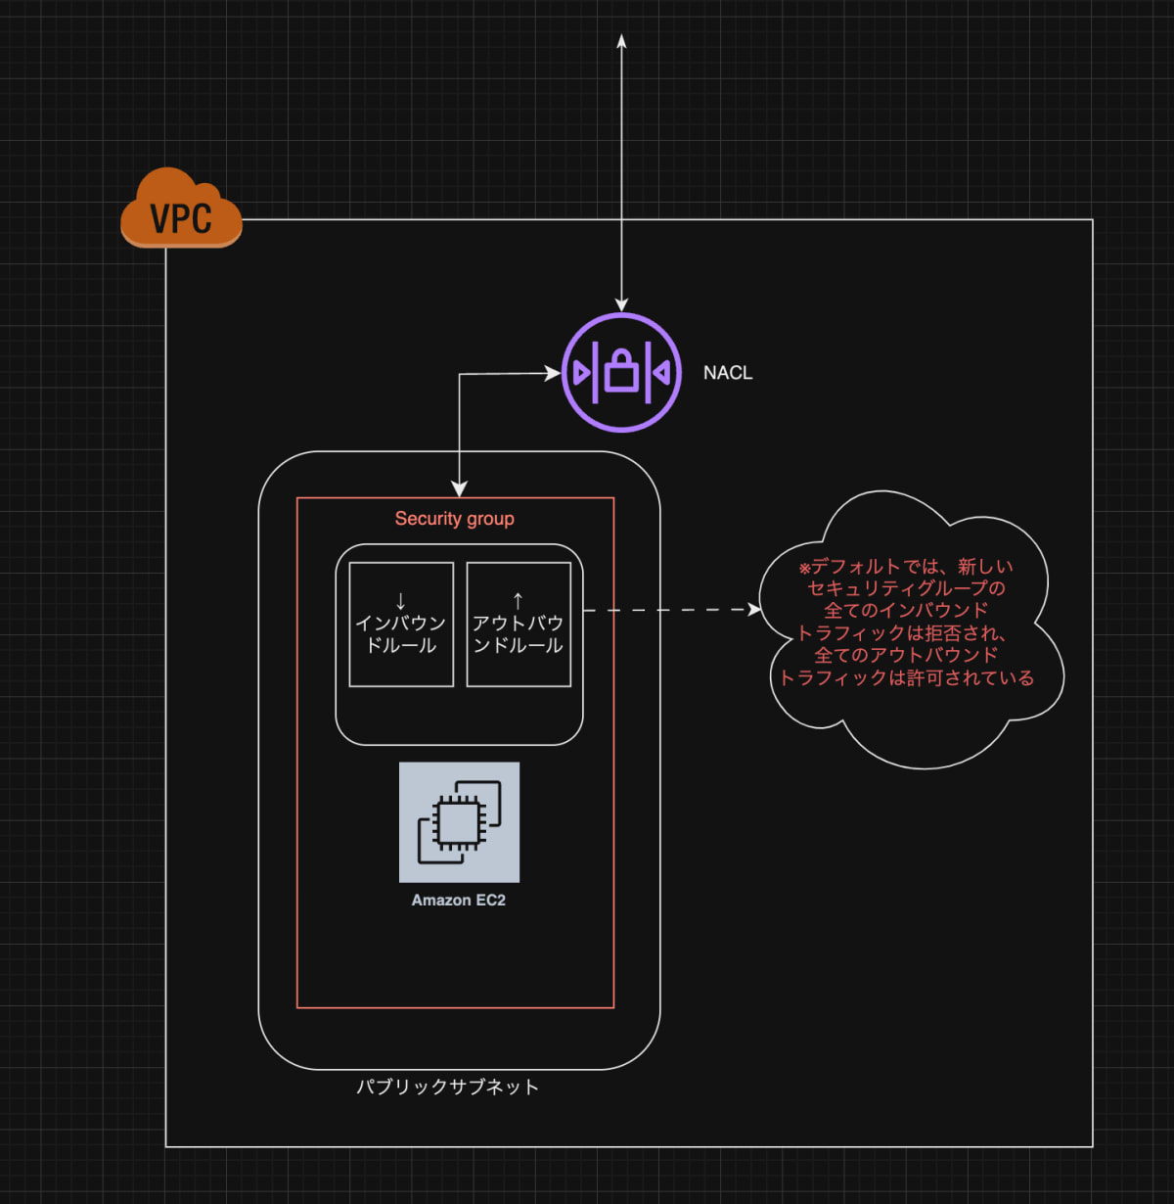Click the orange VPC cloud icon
[x=181, y=208]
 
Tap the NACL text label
[x=728, y=373]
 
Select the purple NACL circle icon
[x=621, y=373]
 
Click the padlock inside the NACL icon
[x=621, y=371]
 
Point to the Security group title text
[x=454, y=519]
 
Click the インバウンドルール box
[x=401, y=625]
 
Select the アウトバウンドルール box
[x=519, y=625]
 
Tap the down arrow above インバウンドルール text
[x=400, y=601]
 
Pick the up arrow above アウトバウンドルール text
[x=519, y=601]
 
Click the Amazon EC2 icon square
[x=460, y=822]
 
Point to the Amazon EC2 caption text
[x=459, y=901]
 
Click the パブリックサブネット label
[x=448, y=1087]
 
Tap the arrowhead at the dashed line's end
[x=754, y=610]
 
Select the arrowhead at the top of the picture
[x=622, y=41]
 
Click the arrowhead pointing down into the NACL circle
[x=621, y=303]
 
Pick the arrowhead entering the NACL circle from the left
[x=553, y=373]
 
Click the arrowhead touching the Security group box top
[x=460, y=488]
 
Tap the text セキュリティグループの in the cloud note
[x=906, y=587]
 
